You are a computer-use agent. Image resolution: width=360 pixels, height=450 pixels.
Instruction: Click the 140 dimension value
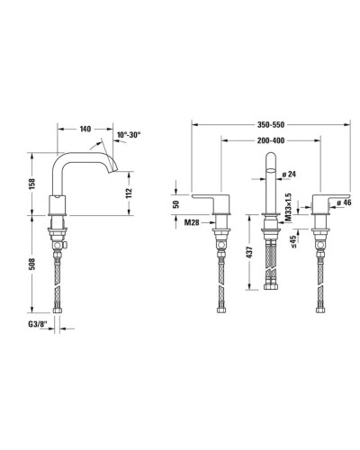pos(85,130)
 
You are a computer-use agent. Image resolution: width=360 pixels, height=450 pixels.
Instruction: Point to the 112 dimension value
pos(128,192)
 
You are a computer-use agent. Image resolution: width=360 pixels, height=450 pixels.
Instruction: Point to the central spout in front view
pos(269,189)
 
